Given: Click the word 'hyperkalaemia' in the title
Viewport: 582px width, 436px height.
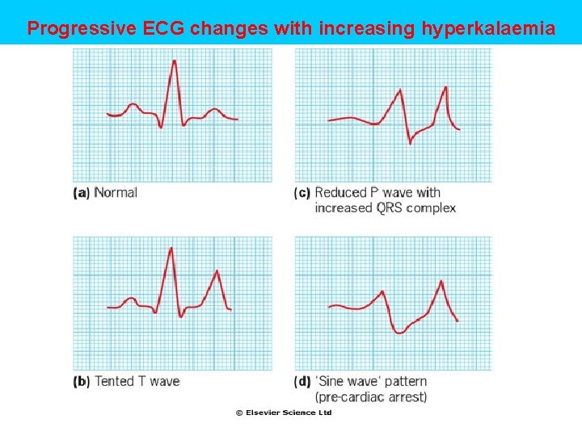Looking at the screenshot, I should (488, 30).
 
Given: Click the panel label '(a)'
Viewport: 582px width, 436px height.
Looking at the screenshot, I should (81, 193).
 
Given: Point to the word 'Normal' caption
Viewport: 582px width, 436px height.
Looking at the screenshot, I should (116, 193).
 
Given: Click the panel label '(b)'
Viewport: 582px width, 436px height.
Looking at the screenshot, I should (81, 381).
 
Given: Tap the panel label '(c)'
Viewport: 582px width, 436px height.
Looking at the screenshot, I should (303, 193).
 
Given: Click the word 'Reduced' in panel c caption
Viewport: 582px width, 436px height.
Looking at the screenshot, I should (340, 193).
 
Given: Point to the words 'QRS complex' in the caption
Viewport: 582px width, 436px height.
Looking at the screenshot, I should (415, 208).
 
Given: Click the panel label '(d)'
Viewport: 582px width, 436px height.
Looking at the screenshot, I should (303, 381).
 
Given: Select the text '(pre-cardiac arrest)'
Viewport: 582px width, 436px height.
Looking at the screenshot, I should (370, 396).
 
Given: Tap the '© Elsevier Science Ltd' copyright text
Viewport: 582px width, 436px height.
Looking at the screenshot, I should (284, 413).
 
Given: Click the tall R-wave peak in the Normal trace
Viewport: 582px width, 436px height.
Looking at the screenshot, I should (174, 61).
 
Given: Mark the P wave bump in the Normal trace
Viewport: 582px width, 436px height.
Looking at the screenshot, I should (133, 105).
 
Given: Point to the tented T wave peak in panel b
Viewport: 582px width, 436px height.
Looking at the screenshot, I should (217, 270).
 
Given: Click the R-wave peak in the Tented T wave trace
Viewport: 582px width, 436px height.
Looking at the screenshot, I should (171, 248).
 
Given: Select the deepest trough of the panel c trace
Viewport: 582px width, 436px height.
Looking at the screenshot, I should (410, 143).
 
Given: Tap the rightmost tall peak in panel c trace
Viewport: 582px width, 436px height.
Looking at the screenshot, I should (445, 86).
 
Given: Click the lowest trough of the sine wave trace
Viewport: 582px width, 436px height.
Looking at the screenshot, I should (399, 333).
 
